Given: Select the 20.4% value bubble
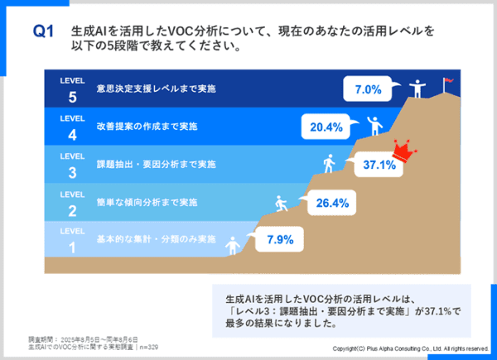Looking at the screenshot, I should [x=324, y=127].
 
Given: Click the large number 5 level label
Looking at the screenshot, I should [x=72, y=94].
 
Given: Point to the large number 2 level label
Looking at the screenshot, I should [x=72, y=209].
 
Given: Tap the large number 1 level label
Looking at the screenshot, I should [x=72, y=247].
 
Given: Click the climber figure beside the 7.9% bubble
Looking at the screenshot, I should [x=234, y=244].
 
